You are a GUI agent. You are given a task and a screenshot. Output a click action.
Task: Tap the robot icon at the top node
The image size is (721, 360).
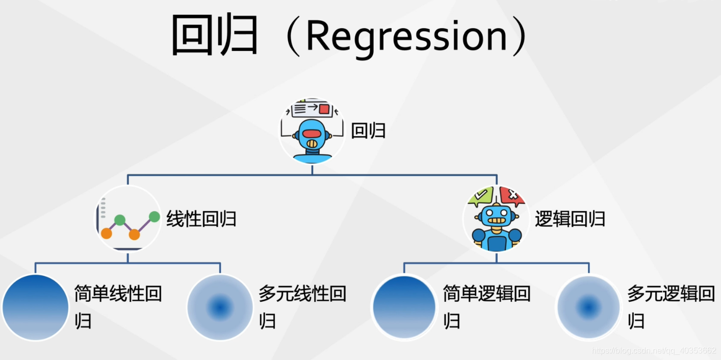coord(312,132)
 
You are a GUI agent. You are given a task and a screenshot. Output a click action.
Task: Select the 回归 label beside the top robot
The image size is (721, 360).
coord(368,131)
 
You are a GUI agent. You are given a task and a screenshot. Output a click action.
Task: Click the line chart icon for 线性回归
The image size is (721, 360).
coord(128,219)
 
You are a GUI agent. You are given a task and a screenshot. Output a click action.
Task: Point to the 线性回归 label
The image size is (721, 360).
coord(201,219)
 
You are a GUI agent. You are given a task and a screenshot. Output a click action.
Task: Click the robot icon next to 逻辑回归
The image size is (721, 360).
coord(496,219)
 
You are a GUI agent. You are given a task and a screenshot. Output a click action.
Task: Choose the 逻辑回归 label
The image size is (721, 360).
coord(570,219)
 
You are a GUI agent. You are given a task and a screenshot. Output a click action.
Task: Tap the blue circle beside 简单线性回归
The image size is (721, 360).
coord(35,307)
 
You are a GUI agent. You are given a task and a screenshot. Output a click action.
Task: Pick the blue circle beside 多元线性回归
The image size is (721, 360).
coord(220,307)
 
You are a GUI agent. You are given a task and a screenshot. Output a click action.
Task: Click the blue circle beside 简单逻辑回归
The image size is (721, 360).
coord(404,307)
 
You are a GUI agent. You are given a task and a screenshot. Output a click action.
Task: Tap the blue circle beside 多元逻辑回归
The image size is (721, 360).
coord(588,307)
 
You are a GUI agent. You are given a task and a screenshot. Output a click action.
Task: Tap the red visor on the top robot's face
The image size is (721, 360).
coord(312,134)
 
